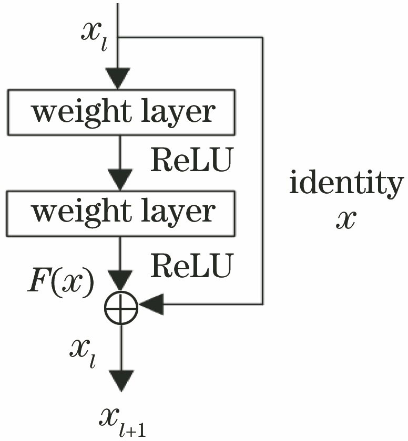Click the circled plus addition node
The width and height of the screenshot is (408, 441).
point(120,306)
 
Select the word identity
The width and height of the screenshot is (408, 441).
point(346,184)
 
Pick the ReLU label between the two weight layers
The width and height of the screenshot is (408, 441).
point(191,162)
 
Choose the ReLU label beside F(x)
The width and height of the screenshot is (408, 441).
point(191,267)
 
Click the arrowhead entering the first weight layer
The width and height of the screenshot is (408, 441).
point(120,79)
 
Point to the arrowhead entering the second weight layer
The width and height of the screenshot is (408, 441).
point(120,179)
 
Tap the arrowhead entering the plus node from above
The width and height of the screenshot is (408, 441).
point(120,281)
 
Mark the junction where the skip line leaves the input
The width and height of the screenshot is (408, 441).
point(120,37)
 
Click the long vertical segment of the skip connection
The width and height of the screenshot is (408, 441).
point(262,168)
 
